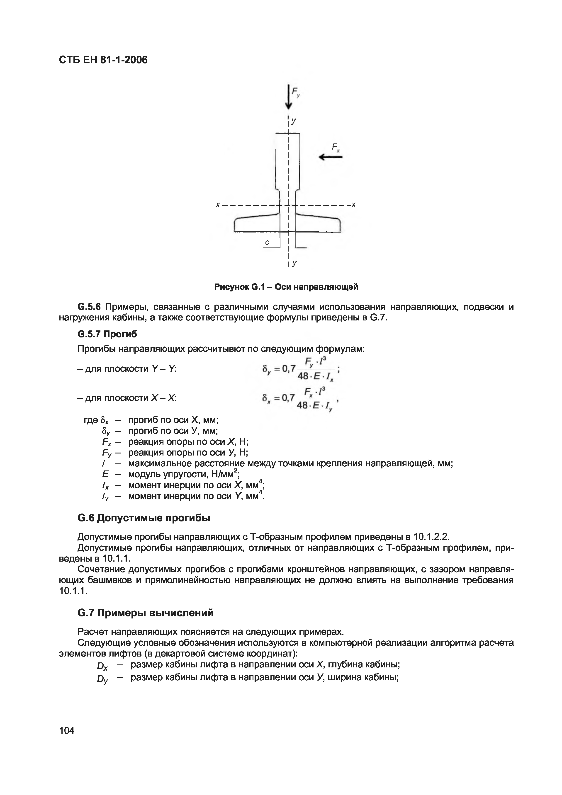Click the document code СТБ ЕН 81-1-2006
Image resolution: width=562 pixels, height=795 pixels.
pos(103,60)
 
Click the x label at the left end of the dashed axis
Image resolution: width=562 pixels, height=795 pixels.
pos(217,205)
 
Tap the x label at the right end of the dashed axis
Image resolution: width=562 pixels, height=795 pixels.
pos(353,205)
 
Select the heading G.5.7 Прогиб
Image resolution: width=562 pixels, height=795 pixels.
pos(107,334)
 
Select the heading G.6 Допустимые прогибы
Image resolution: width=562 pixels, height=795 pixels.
pos(144,518)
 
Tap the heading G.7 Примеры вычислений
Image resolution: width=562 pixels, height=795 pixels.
pos(146,613)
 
